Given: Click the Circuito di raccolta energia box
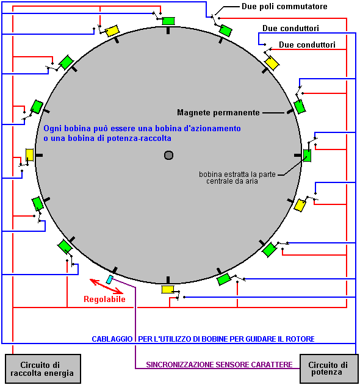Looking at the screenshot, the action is point(43,369).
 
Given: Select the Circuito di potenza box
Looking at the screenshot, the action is point(329,369).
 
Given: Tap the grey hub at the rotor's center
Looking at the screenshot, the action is point(168,155).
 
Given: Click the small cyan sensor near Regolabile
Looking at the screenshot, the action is point(109,279).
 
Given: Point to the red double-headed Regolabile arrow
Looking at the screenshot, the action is point(106,286).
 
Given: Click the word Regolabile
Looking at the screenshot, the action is point(104,299).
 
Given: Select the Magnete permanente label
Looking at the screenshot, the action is point(218,112).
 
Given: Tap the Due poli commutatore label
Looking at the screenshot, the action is point(284,6).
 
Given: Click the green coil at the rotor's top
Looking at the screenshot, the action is point(168,21).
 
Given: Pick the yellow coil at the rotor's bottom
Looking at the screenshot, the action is point(168,289).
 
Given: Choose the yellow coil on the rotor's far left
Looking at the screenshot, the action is point(29,155).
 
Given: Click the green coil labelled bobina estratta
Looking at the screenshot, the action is point(307,156).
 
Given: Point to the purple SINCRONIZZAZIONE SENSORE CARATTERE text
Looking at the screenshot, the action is point(219,365).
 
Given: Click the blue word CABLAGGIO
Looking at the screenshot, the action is point(112,339).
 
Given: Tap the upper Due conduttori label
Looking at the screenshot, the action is point(291,28).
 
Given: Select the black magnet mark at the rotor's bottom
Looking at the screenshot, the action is point(168,280).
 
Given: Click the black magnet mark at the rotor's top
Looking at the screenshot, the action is point(168,31).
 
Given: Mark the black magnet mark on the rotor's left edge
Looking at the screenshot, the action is point(39,155).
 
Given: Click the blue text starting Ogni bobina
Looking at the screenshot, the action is point(142,134).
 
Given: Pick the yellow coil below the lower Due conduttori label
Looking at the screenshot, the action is point(272,63).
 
